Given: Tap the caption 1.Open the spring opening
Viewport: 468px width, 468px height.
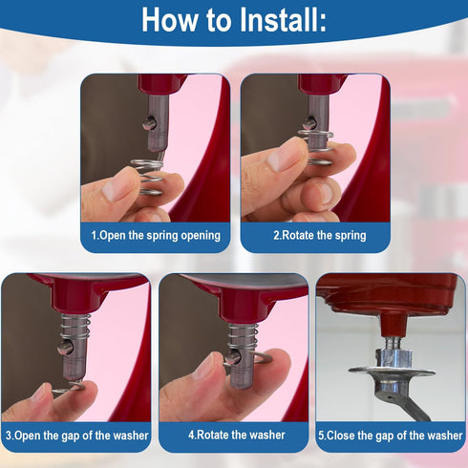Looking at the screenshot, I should pyautogui.click(x=156, y=235).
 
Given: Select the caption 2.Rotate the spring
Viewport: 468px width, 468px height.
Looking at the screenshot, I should pyautogui.click(x=319, y=235).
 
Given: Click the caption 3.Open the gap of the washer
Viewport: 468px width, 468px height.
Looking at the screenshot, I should pyautogui.click(x=77, y=435).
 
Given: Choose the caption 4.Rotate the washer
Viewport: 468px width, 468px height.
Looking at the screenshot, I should pyautogui.click(x=235, y=435).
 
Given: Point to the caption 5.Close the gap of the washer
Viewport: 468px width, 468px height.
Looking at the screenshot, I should pyautogui.click(x=390, y=435).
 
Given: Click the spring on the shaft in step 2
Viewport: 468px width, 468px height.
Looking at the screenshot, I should pyautogui.click(x=319, y=140).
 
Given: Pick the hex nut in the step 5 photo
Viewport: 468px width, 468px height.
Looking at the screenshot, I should pyautogui.click(x=394, y=357).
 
